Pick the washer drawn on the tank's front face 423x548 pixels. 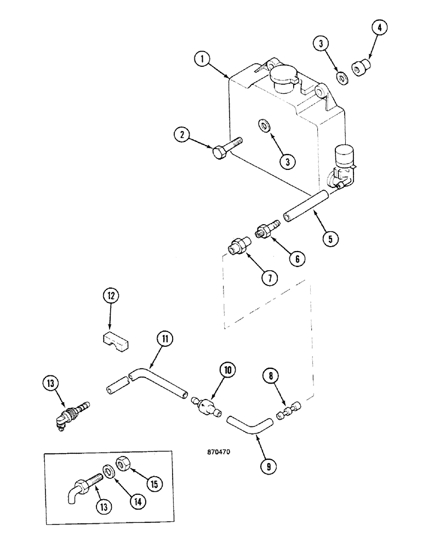264,127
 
